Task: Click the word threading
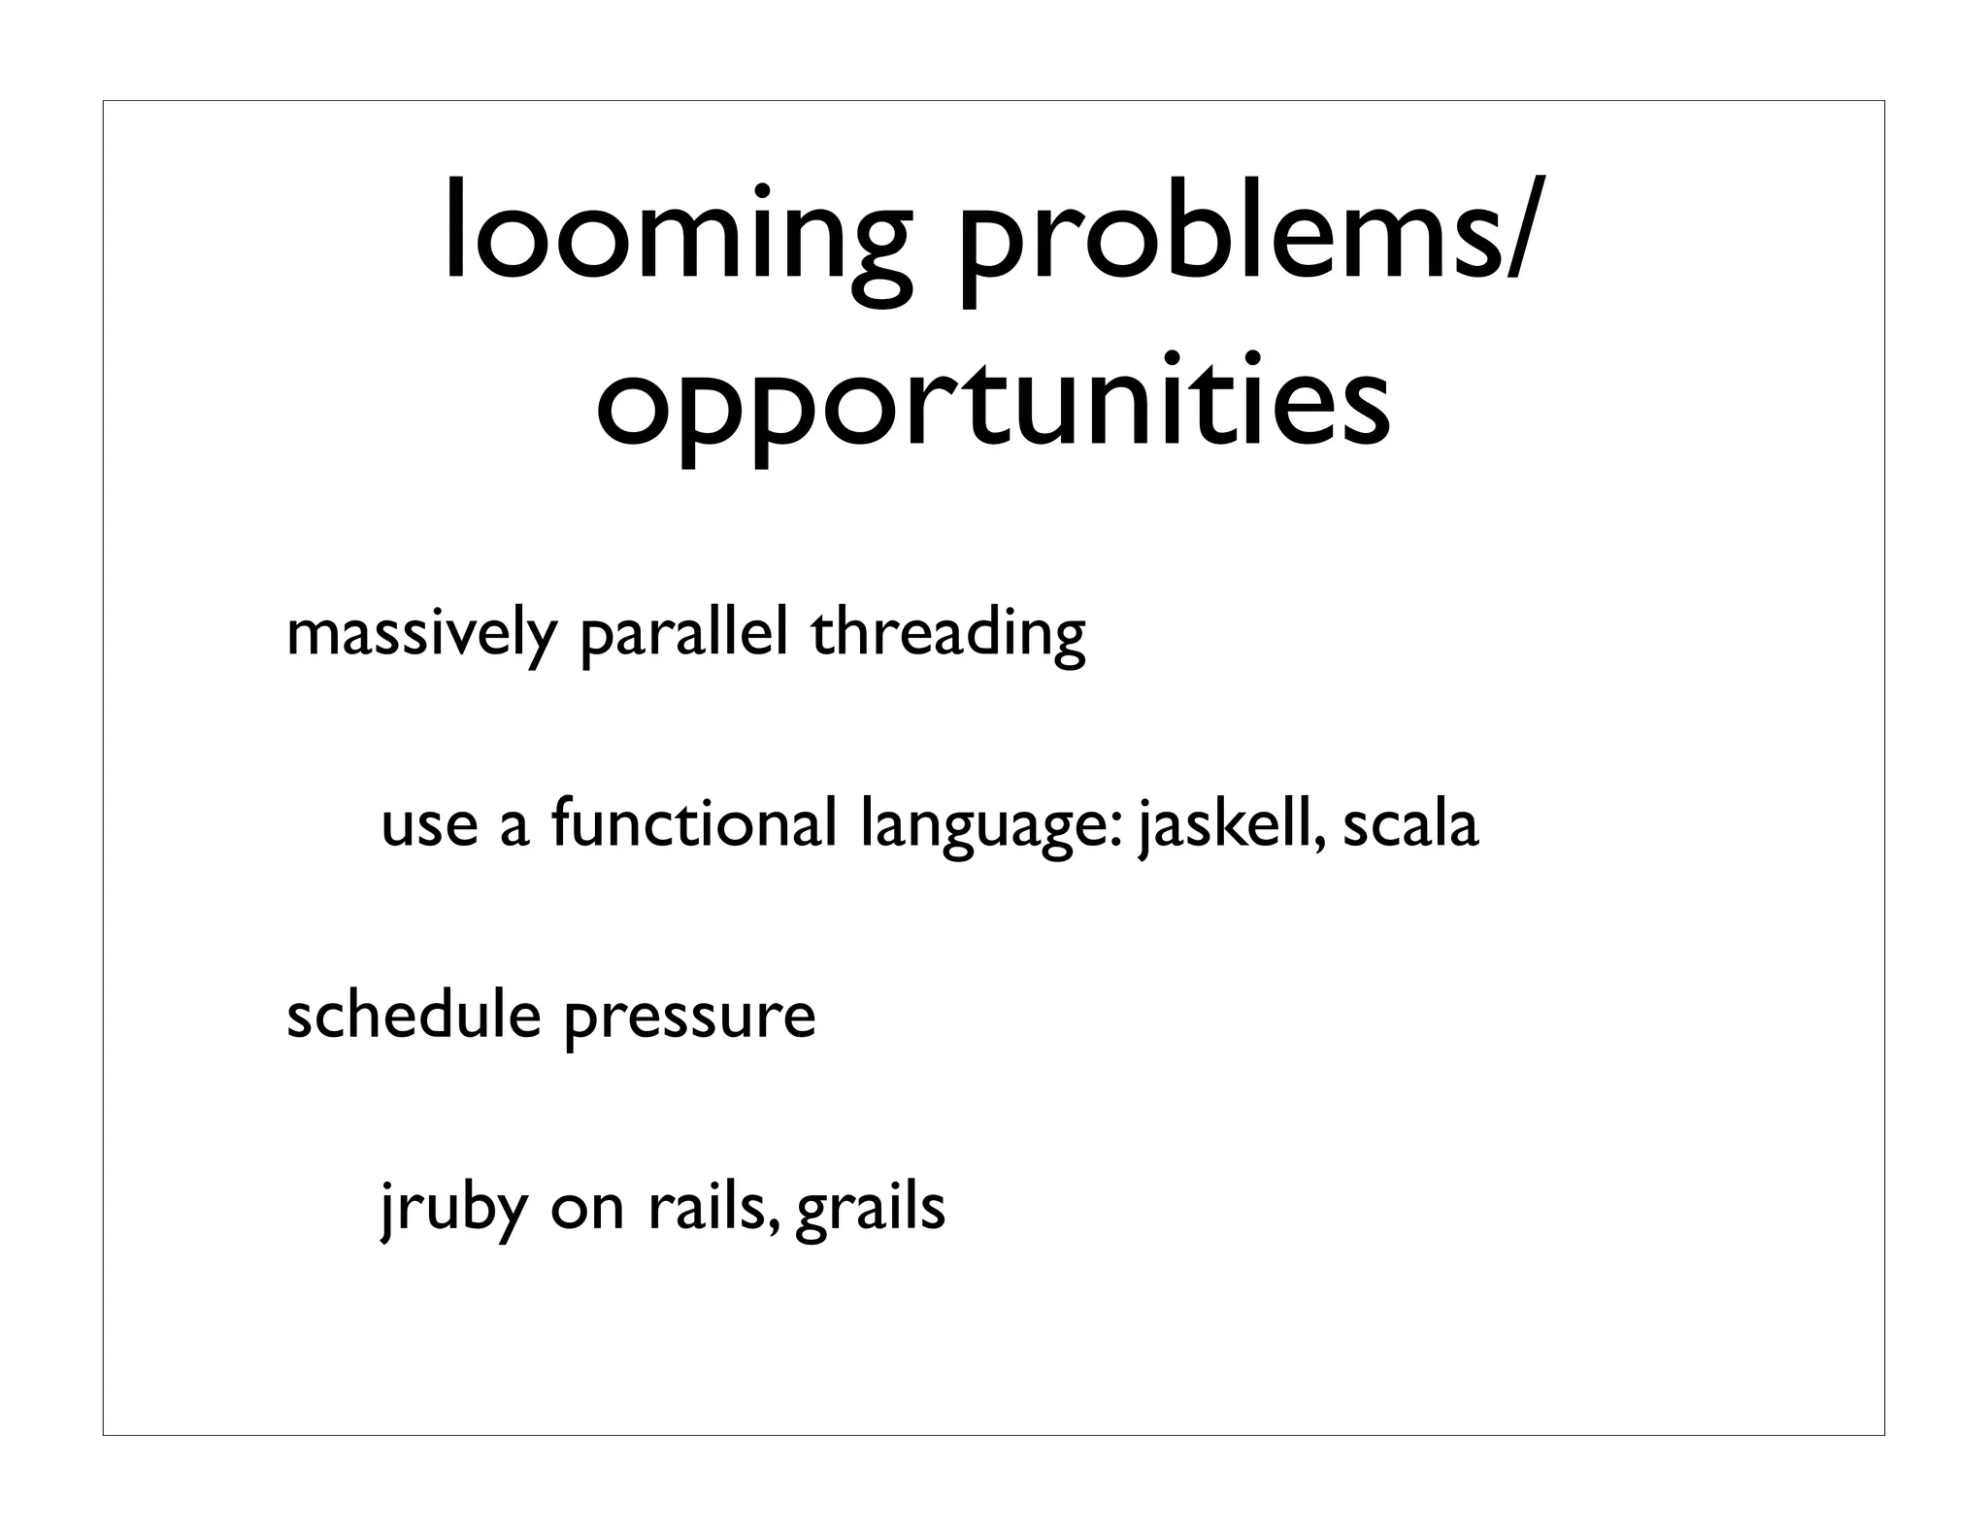[x=947, y=635]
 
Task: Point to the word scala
[x=1409, y=824]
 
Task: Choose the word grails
[x=870, y=1209]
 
